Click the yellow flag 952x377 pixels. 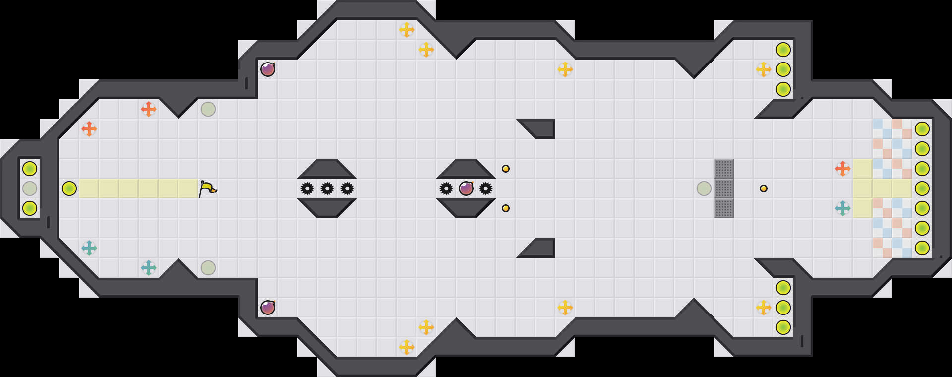click(208, 188)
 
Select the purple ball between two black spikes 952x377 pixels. click(466, 188)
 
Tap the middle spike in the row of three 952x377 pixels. click(327, 188)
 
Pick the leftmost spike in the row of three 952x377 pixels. click(307, 188)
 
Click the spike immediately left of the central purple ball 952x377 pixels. click(446, 188)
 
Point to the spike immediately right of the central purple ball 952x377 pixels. click(486, 188)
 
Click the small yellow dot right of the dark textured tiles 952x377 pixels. click(764, 188)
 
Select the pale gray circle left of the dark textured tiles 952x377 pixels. click(704, 188)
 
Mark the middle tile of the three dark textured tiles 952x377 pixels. click(724, 188)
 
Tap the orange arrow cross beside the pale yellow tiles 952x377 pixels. click(843, 169)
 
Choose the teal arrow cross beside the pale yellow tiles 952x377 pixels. click(843, 208)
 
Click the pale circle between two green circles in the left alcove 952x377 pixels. click(30, 188)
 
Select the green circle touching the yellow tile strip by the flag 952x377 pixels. click(69, 188)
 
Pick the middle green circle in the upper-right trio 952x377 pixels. click(783, 69)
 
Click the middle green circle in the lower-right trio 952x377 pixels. click(783, 308)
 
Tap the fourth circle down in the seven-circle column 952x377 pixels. click(922, 188)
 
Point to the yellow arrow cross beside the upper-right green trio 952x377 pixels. click(764, 69)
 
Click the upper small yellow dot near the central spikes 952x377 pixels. click(506, 169)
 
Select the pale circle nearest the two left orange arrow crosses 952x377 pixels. click(208, 109)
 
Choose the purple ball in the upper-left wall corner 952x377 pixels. click(268, 69)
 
